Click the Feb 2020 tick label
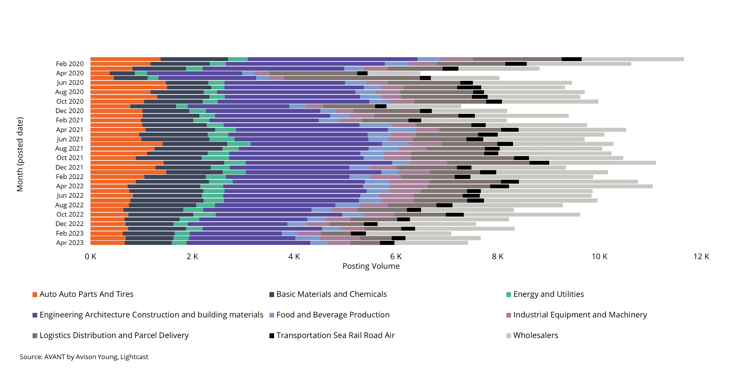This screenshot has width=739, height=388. coord(70,64)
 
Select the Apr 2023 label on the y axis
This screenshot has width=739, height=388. coord(70,243)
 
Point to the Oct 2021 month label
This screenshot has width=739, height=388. coord(70,158)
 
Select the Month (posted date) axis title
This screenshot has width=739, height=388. coord(20,154)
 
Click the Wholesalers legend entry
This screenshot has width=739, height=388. coord(532,335)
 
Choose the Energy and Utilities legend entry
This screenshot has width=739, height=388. coord(545,294)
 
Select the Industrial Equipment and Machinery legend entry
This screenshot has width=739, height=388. coord(577,315)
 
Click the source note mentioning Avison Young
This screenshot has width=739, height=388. coord(84,357)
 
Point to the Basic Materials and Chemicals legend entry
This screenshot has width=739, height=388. coord(328,294)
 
